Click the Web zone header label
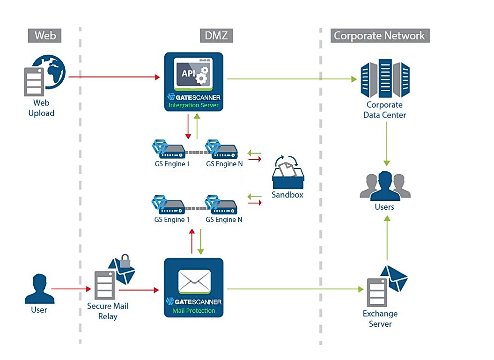click(45, 36)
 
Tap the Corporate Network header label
click(379, 36)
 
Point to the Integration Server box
click(194, 81)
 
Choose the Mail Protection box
click(194, 287)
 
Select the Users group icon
click(385, 185)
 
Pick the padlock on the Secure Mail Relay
click(125, 260)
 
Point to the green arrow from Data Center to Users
click(387, 143)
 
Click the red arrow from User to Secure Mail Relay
click(71, 289)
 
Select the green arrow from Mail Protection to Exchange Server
click(295, 289)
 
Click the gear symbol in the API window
click(202, 74)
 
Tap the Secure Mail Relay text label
click(108, 311)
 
